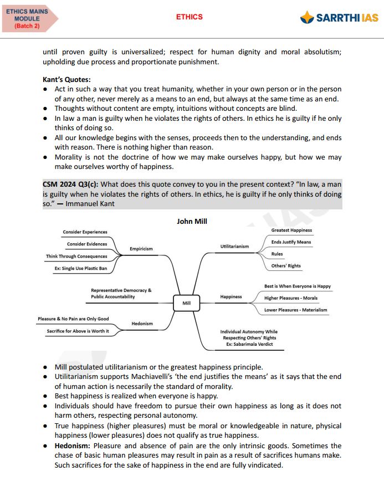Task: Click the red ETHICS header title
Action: [x=190, y=17]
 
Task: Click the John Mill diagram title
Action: [x=192, y=222]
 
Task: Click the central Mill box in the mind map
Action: [x=186, y=303]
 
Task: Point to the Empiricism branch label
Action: [x=141, y=249]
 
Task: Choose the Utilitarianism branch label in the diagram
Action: [x=235, y=246]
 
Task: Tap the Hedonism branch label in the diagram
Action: [x=142, y=324]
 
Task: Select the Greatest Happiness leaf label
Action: [x=291, y=230]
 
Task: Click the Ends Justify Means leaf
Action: [x=291, y=242]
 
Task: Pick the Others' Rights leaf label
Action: [x=286, y=266]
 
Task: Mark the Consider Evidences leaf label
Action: [x=87, y=244]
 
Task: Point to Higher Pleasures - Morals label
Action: [x=291, y=298]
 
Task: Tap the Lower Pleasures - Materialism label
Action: [x=295, y=310]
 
